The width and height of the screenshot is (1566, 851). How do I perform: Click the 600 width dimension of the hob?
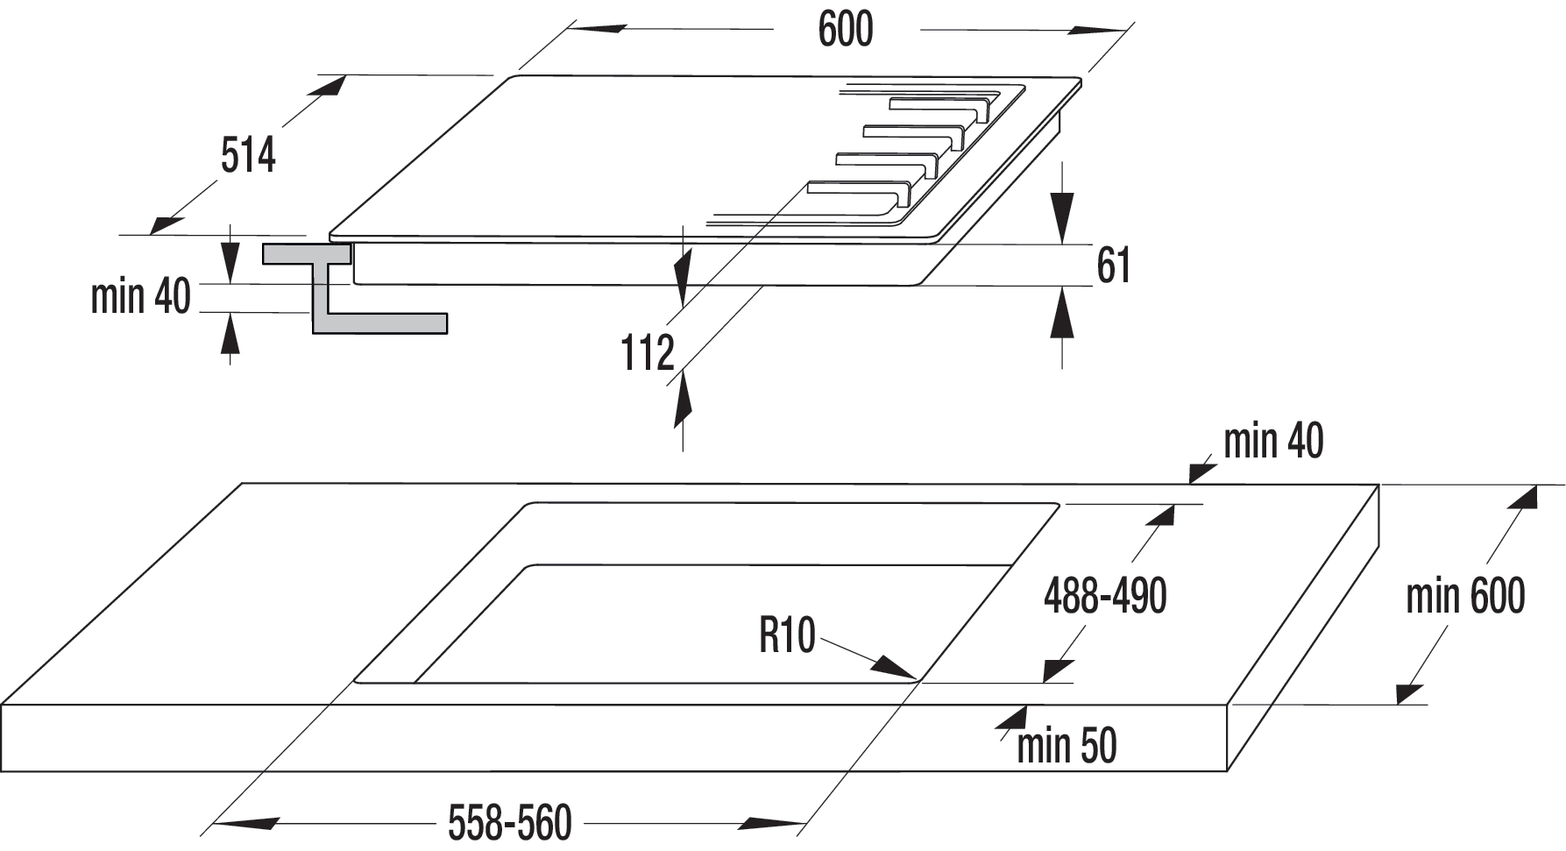845,30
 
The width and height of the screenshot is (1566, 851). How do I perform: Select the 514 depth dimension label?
248,155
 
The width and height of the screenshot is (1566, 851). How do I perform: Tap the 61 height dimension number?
1113,266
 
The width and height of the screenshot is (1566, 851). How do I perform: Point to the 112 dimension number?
648,353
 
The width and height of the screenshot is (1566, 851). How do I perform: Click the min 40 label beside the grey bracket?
141,296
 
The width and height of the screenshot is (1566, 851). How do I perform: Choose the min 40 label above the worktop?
1272,441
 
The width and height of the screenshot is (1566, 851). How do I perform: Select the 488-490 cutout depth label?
1105,597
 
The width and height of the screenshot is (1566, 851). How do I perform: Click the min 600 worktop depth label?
1465,597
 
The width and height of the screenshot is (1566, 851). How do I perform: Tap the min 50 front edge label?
1066,746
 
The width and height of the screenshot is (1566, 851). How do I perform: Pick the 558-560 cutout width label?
509,823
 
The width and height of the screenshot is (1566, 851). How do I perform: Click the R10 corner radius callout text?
787,635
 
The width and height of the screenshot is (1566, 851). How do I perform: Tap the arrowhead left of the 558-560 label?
246,824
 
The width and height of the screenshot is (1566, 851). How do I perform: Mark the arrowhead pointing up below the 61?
1062,314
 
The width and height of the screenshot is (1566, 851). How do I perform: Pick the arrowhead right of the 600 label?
1096,31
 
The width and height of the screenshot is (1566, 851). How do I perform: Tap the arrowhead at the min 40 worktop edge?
1202,472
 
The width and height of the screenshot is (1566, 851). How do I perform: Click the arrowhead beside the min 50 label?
1012,718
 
